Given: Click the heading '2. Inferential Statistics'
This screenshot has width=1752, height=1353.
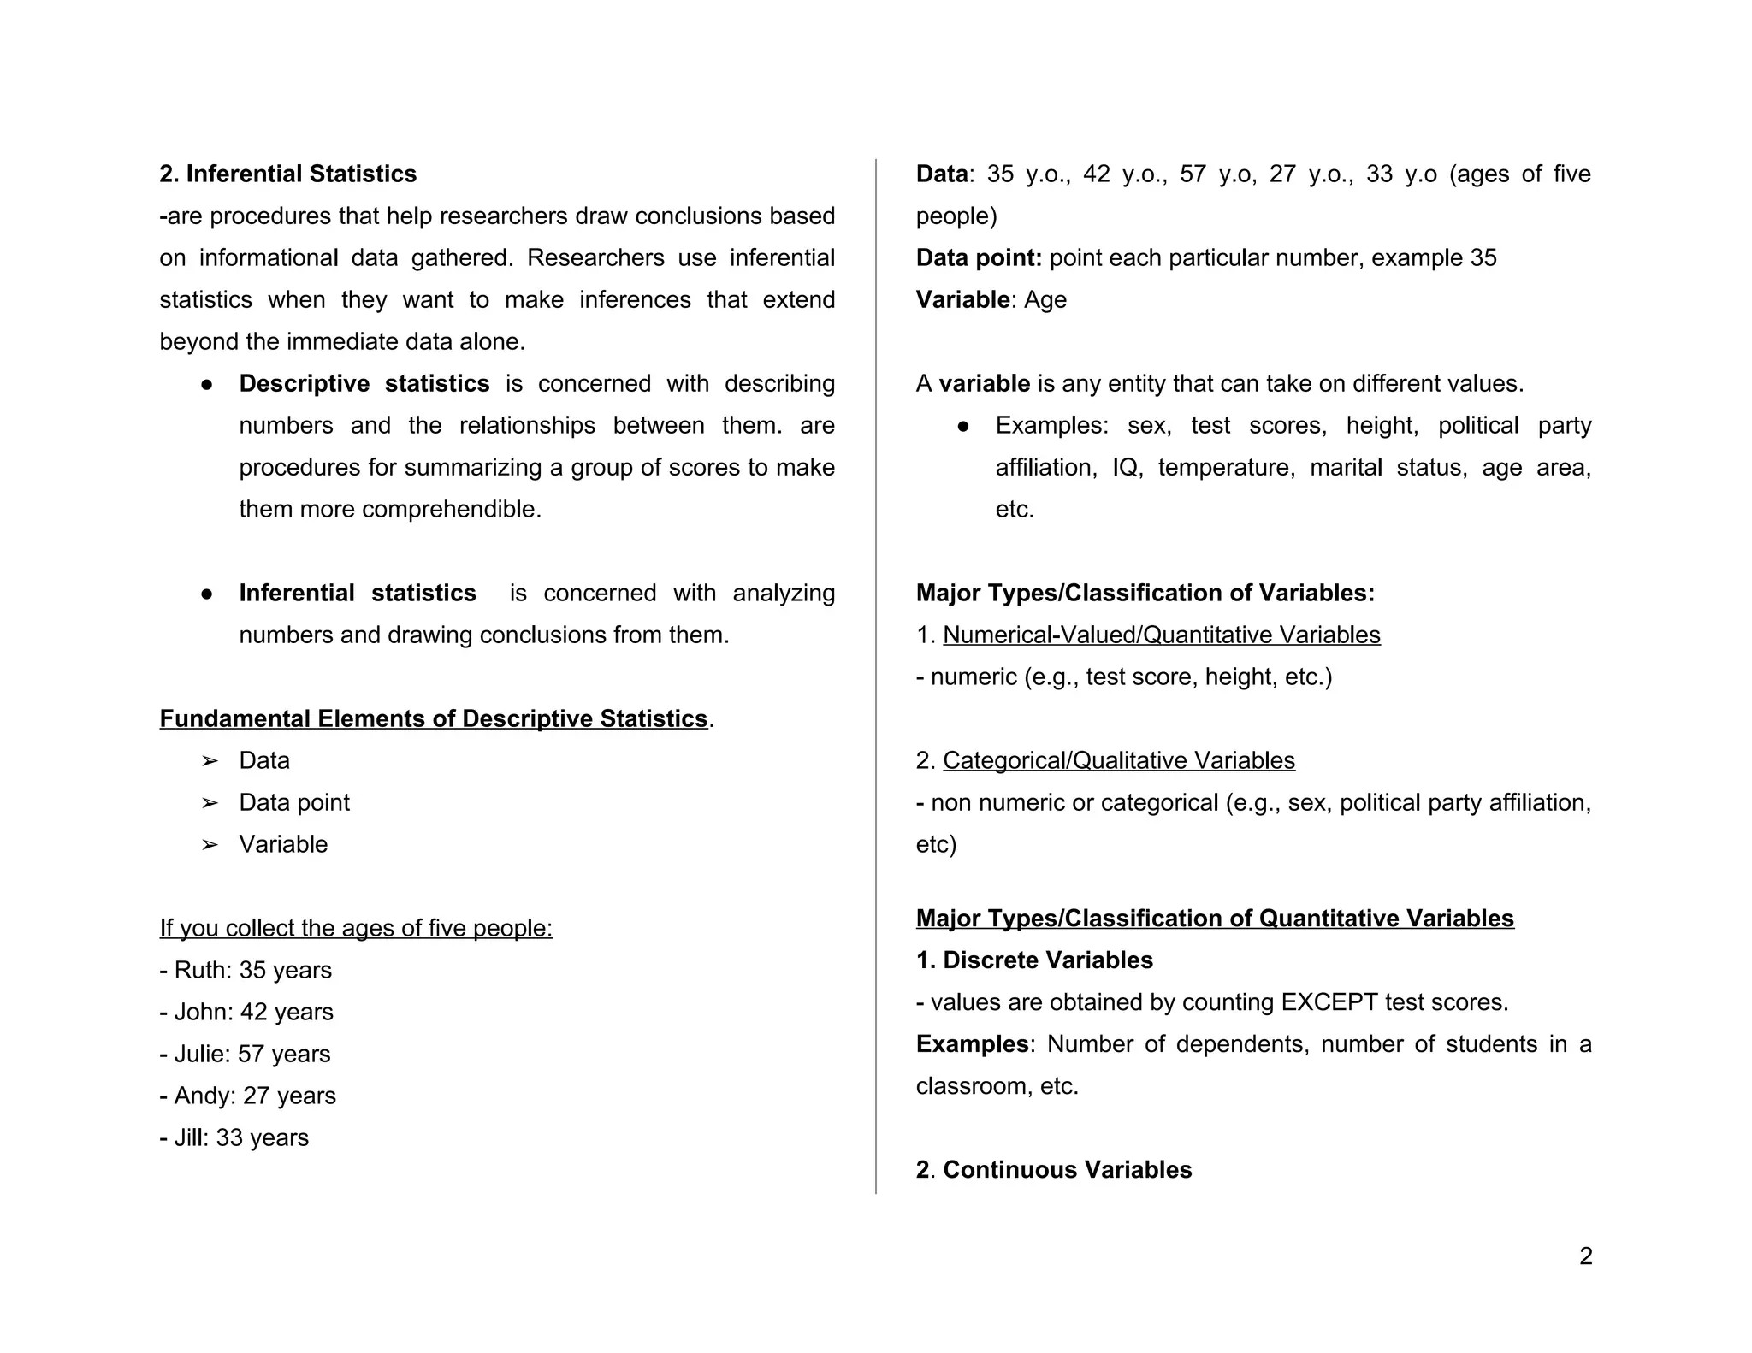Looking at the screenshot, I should [287, 174].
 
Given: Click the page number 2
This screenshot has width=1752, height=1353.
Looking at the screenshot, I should [1585, 1256].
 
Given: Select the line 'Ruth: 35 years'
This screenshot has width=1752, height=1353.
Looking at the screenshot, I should [246, 970].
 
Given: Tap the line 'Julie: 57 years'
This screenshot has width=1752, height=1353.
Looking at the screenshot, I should [246, 1054].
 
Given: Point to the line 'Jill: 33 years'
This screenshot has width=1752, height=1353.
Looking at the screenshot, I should [234, 1137].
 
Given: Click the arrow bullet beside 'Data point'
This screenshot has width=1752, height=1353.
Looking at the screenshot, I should [209, 803].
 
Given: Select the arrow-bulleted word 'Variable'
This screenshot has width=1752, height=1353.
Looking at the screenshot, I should [283, 844].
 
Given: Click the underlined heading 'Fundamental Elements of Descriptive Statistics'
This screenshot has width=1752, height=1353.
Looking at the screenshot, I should [434, 718].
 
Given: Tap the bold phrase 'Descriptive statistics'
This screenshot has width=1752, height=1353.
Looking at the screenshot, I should [364, 383].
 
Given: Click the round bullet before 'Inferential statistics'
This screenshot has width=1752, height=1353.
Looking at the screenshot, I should [206, 594].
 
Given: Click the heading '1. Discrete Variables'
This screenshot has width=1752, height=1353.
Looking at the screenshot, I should [1034, 960].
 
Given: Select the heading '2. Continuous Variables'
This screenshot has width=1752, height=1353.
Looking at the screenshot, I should [1053, 1169].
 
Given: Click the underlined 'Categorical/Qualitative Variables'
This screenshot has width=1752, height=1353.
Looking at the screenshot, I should [1118, 760].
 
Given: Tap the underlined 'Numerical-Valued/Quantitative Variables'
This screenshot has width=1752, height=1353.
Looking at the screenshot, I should [1161, 635].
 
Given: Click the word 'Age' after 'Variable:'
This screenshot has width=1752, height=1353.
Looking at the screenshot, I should [1045, 299].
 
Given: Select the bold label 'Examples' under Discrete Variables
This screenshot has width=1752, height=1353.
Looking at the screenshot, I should [972, 1043].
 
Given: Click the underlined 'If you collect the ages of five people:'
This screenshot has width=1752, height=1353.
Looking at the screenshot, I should [356, 928].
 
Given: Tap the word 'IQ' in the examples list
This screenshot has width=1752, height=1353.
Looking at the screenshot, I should [1124, 467].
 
